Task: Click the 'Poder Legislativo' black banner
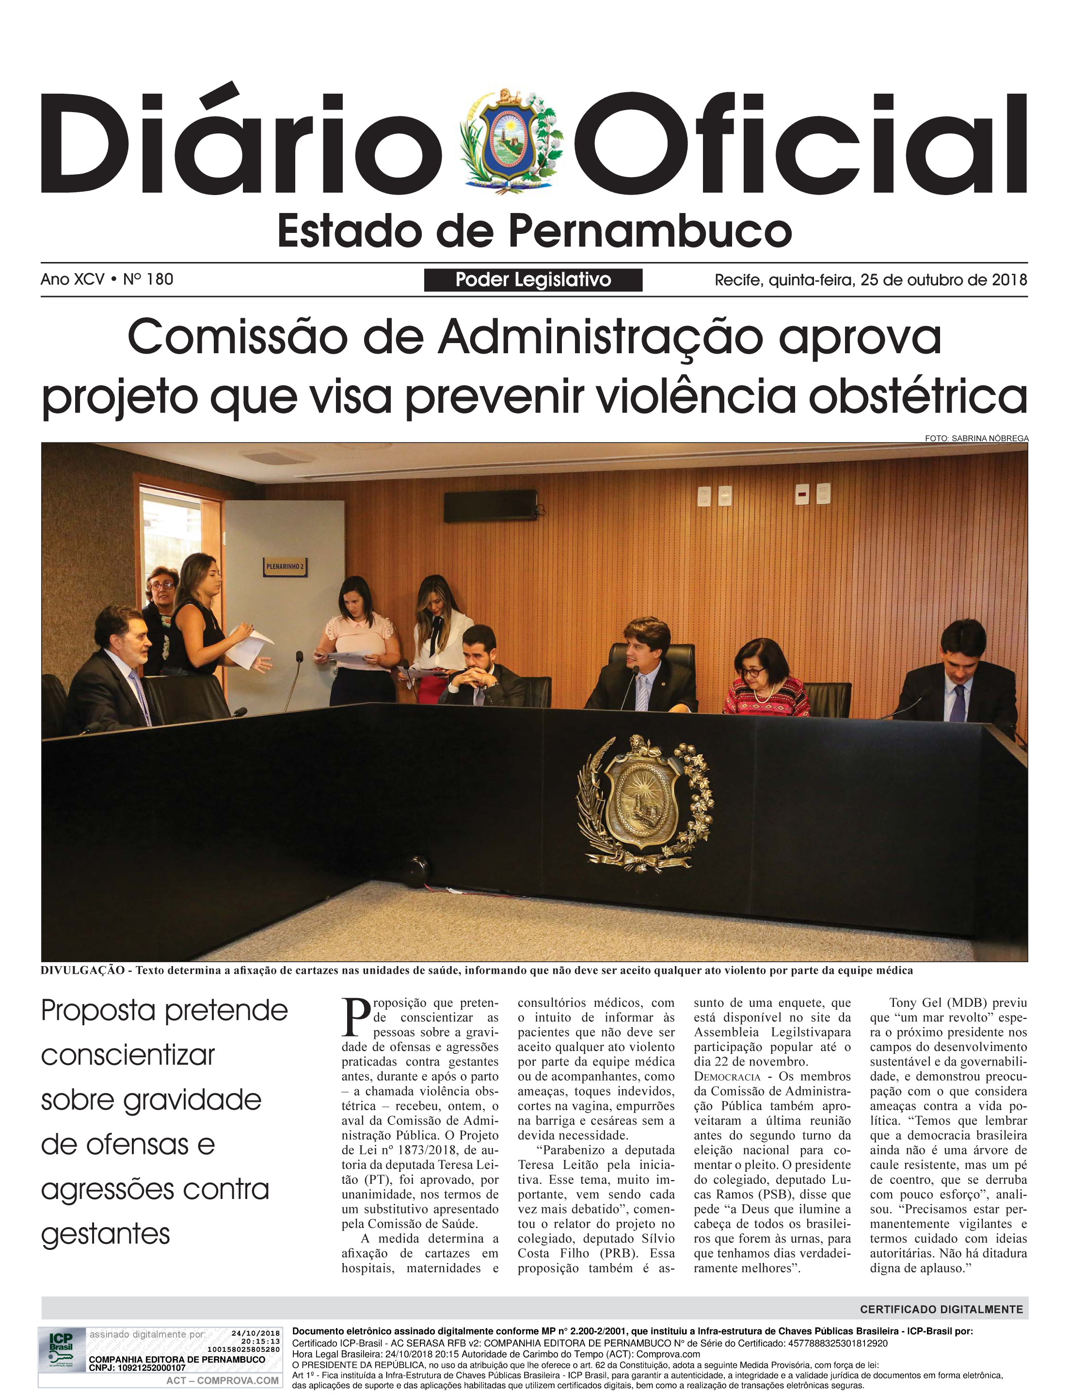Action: (x=533, y=280)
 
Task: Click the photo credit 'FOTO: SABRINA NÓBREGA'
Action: (x=976, y=438)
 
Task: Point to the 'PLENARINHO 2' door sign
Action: (x=285, y=566)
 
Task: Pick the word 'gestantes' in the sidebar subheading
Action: (x=106, y=1234)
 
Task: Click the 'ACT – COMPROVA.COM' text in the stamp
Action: (x=222, y=1380)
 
